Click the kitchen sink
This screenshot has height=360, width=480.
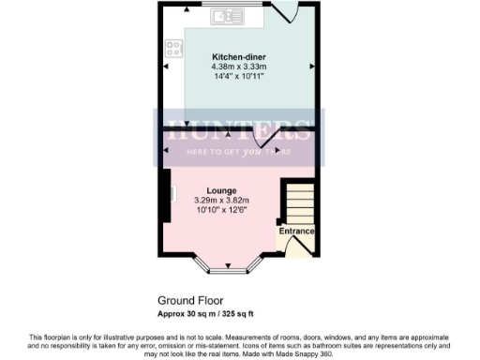[x=226, y=16]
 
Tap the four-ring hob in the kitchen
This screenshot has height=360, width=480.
[x=173, y=44]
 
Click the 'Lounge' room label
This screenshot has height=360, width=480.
[x=221, y=190]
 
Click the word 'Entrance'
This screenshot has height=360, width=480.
[x=296, y=231]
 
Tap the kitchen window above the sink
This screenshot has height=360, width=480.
[x=226, y=6]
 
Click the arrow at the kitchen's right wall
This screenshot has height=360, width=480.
[x=311, y=67]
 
